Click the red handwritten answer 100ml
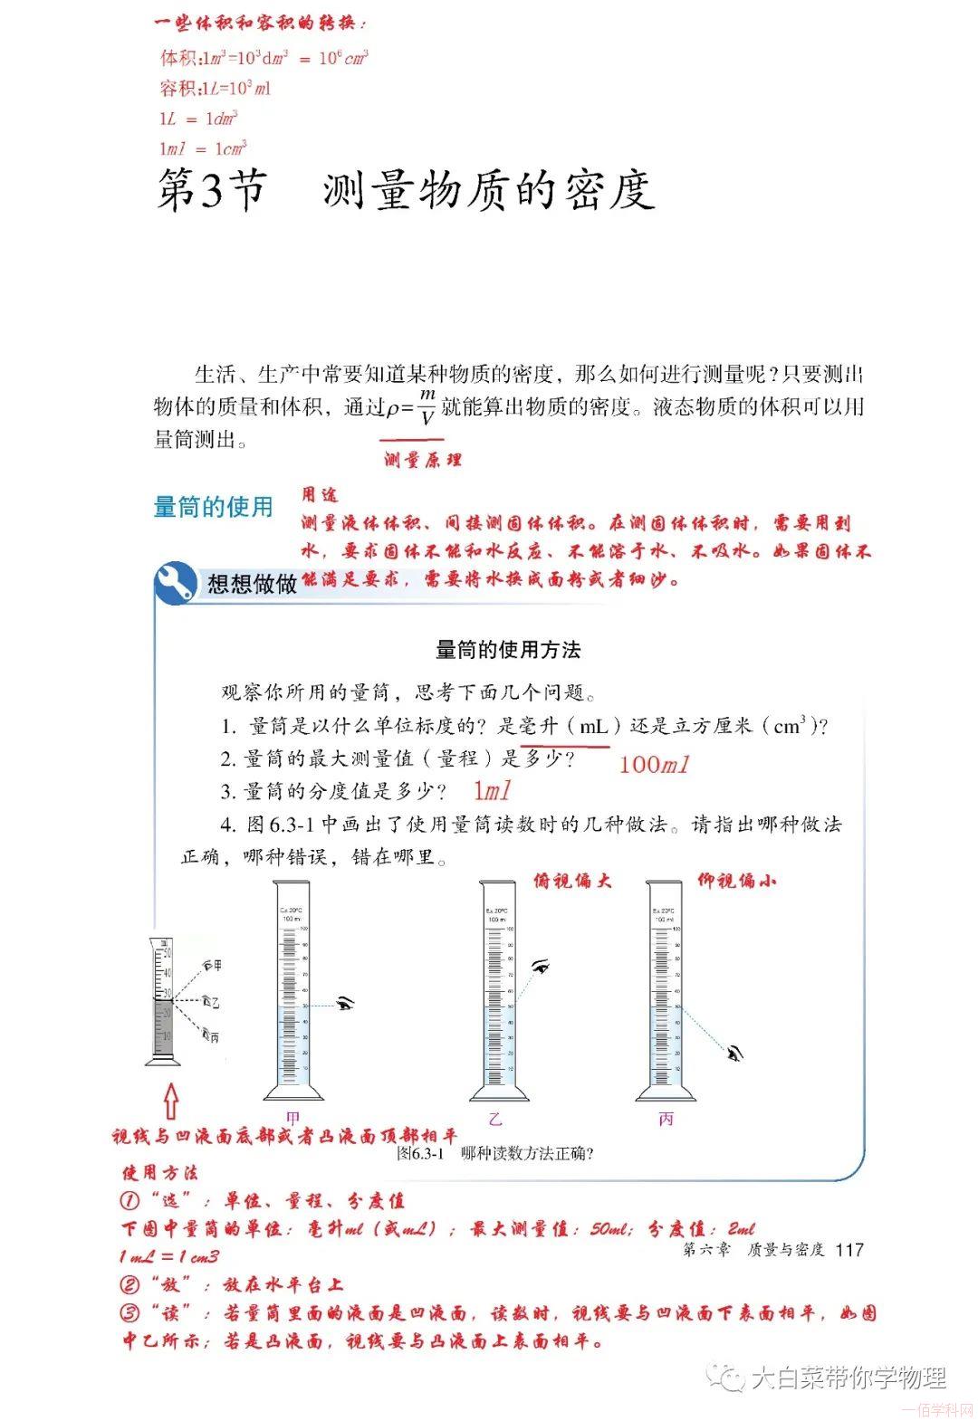(654, 764)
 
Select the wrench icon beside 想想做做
(175, 583)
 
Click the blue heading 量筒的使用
(213, 507)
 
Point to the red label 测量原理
(422, 460)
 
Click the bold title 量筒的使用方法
(508, 649)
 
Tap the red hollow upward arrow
(170, 1102)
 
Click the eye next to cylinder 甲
(344, 1002)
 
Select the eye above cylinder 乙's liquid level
(541, 967)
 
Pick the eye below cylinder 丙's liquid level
(735, 1052)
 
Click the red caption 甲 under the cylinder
(292, 1119)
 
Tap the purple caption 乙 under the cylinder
(495, 1119)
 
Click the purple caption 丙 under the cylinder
(666, 1119)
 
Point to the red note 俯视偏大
(572, 881)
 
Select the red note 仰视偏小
(736, 880)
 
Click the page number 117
(849, 1250)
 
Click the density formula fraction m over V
(427, 407)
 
